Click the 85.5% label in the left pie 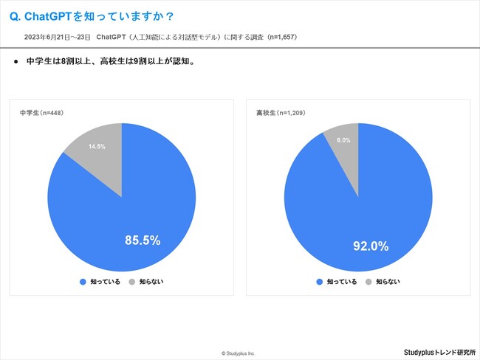tap(143, 240)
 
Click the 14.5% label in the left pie tap(97, 147)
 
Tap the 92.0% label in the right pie tap(371, 246)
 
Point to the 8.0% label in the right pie tap(343, 139)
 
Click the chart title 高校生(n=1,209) tap(281, 113)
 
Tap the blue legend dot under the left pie tap(82, 282)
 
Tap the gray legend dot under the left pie tap(132, 282)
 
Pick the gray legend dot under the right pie tap(368, 282)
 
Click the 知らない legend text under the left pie tap(152, 282)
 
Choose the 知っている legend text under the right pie tap(342, 282)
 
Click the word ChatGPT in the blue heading tap(51, 15)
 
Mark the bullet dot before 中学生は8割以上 tap(16, 62)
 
